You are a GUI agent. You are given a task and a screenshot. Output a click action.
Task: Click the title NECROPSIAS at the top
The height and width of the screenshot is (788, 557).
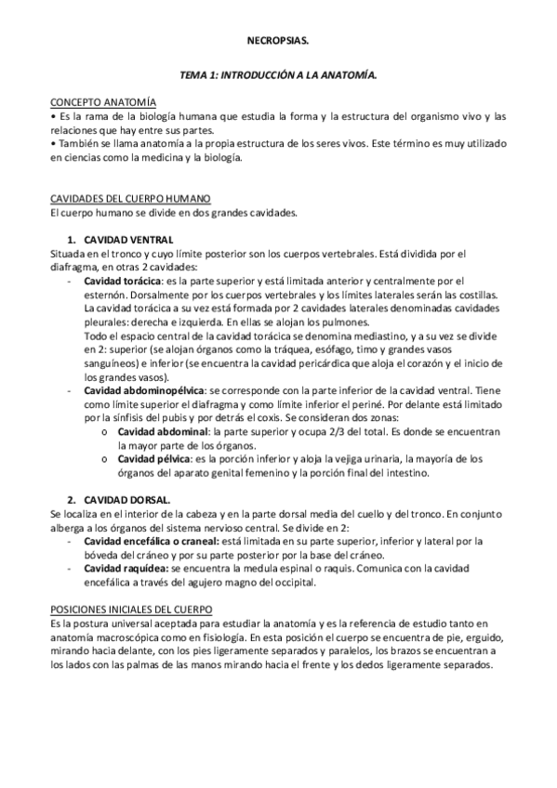278,43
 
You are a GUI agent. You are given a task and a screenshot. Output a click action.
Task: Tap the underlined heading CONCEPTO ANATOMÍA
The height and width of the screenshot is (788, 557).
103,102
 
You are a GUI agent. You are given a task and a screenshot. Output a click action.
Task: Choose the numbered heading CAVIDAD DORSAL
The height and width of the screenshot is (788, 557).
126,498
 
